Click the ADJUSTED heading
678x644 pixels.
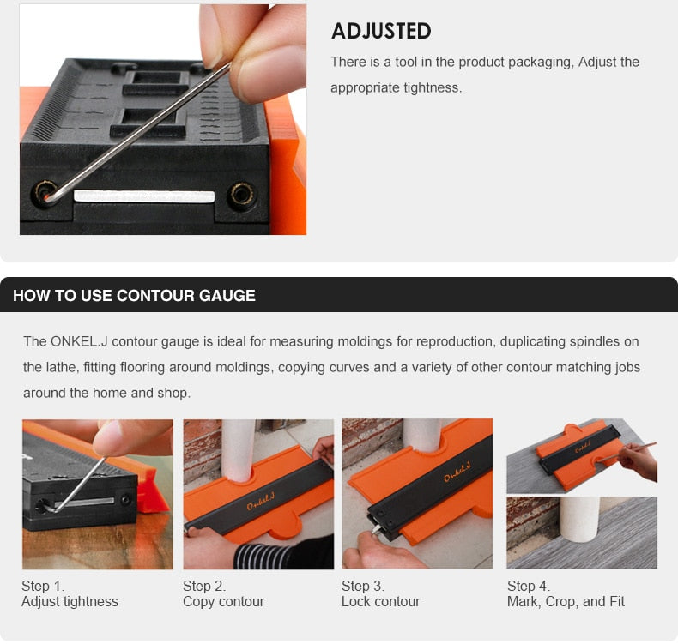381,32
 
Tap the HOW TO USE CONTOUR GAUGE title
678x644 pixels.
134,296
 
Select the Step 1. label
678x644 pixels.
43,586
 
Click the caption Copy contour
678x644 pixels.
223,601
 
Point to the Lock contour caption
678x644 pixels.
380,601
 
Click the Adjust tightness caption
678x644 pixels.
70,601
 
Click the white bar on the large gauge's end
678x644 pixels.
143,196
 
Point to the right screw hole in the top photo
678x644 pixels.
241,195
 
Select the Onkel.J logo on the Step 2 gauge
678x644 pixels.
261,502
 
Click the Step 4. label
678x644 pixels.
528,586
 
